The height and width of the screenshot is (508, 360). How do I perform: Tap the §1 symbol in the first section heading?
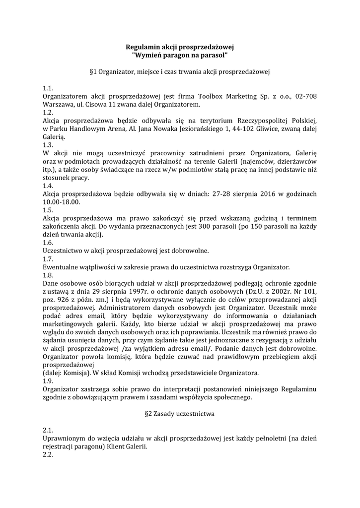(92, 72)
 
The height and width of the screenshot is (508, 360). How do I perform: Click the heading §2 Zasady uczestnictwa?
(180, 414)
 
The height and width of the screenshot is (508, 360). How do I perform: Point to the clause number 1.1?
(48, 88)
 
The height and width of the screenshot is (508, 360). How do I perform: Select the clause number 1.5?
(48, 210)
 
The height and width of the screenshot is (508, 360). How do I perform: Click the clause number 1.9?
(48, 381)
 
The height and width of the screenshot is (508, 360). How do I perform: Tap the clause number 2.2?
(48, 454)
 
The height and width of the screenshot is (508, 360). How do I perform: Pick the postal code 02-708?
(305, 96)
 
